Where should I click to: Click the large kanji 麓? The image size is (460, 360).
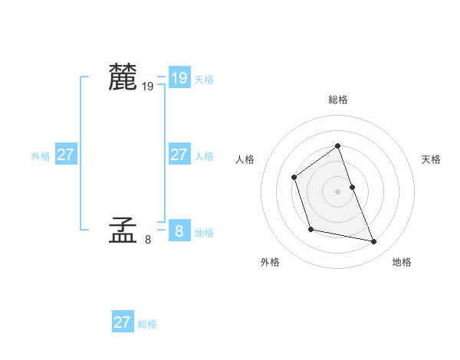123,77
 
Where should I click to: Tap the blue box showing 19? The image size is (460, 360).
179,77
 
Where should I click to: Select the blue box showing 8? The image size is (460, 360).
179,230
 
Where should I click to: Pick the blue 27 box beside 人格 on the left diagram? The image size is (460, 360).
179,155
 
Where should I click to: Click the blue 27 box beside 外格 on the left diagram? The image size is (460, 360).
65,155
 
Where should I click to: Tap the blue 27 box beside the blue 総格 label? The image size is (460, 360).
123,322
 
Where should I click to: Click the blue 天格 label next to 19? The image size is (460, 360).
204,80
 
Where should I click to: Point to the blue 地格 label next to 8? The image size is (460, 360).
204,233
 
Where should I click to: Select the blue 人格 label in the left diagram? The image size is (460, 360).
204,156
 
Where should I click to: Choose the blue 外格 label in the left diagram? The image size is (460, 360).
41,156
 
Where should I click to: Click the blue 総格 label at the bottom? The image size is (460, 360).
147,324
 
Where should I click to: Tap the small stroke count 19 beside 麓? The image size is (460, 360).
147,87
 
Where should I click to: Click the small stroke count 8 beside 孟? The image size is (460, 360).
147,240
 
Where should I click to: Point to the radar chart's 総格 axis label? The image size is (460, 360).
338,100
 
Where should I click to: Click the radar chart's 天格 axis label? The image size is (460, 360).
431,159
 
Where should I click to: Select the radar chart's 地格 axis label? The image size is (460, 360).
402,262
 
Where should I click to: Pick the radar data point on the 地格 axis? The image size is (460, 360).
374,242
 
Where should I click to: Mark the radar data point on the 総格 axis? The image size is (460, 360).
337,146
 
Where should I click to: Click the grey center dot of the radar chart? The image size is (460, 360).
337,191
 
